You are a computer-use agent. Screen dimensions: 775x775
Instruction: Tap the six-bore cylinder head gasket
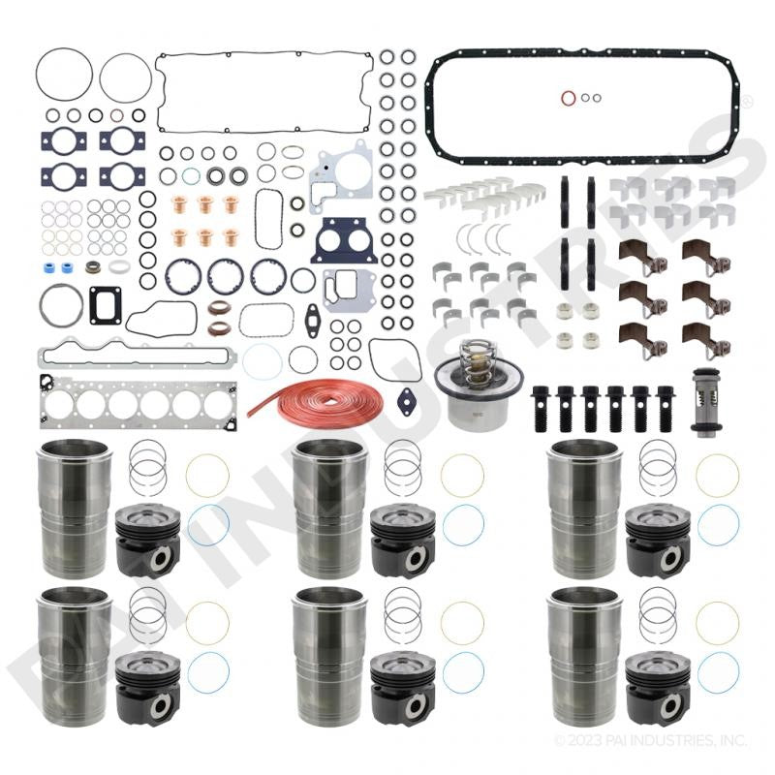coord(139,402)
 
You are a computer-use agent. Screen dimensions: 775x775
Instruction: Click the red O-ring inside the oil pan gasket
coord(569,98)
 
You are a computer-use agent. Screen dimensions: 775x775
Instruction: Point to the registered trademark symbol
coord(747,103)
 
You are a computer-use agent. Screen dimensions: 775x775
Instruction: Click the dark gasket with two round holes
coord(345,240)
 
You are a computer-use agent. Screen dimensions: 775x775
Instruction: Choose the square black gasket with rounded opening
coord(106,305)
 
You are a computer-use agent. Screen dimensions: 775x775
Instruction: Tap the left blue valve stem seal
coord(48,268)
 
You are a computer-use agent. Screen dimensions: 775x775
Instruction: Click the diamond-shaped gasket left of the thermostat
coord(407,402)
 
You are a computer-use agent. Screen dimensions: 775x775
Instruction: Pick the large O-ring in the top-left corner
coord(64,75)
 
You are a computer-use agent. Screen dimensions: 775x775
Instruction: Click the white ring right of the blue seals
coord(119,267)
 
